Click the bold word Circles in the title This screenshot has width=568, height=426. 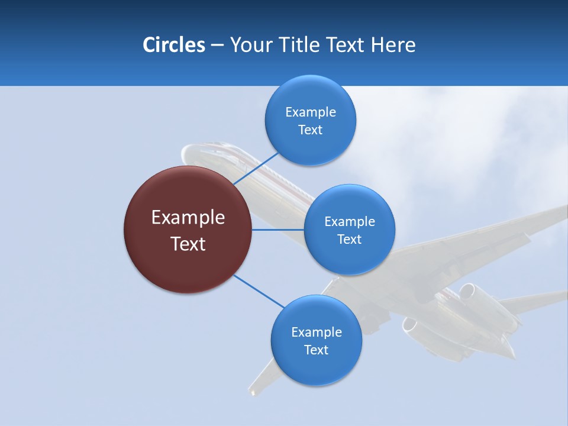point(173,45)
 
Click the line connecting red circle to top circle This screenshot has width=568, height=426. point(256,168)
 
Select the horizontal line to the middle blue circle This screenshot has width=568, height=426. point(278,229)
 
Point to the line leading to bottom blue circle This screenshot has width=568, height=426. point(258,291)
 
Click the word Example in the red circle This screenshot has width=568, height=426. point(188,217)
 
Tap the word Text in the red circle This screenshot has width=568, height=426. point(188,244)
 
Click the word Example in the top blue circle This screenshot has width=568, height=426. point(310,112)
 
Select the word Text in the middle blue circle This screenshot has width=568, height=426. point(349,239)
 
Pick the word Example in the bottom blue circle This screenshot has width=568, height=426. point(316,332)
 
